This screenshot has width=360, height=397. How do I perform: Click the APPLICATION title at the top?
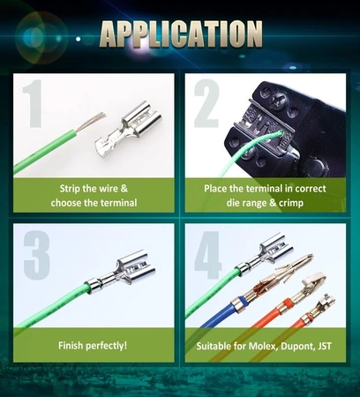click(181, 34)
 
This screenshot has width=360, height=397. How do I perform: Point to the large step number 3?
click(36, 255)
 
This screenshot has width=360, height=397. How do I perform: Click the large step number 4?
click(208, 255)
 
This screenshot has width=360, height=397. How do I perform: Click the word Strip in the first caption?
click(70, 189)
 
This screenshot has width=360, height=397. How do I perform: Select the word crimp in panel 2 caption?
click(291, 203)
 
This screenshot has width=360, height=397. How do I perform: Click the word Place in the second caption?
click(214, 189)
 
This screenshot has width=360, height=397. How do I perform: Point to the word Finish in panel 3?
click(70, 345)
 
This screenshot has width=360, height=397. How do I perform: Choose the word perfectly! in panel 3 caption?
click(106, 346)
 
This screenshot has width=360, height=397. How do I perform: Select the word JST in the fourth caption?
click(325, 346)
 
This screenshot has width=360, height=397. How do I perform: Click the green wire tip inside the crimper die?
click(280, 134)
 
